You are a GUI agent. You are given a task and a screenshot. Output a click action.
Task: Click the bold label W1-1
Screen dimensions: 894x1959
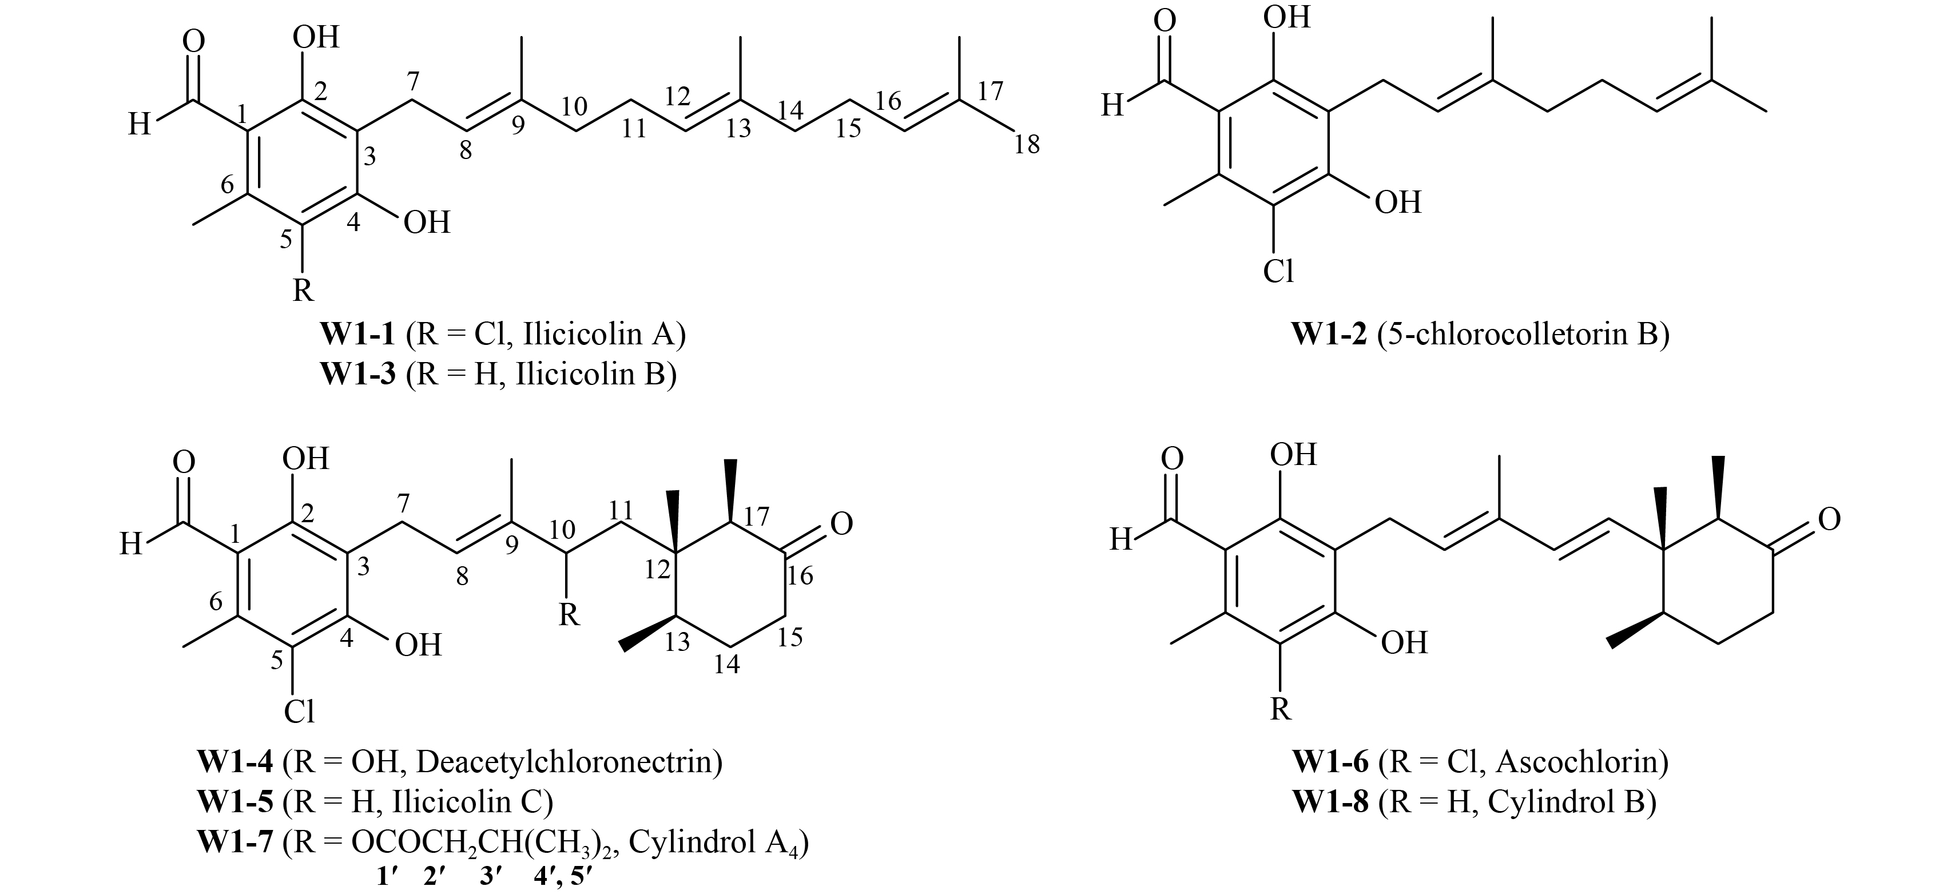click(357, 335)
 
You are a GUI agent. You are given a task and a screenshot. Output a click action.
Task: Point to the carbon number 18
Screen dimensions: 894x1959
click(1027, 145)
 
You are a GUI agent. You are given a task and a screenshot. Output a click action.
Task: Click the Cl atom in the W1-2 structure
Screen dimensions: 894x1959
click(1278, 271)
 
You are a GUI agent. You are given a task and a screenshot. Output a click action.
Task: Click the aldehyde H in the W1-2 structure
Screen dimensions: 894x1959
click(1112, 106)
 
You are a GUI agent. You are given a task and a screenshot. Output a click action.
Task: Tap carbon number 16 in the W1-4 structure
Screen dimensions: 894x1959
click(800, 575)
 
